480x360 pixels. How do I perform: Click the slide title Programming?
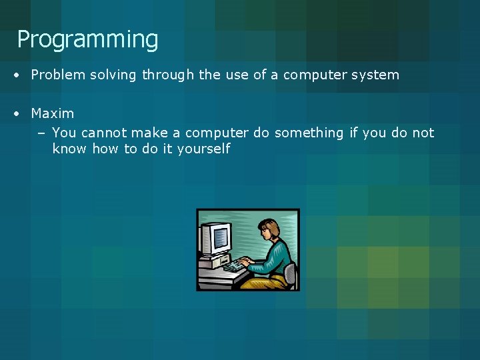click(87, 40)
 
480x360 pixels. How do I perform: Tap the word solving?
click(113, 75)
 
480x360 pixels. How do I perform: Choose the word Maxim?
click(53, 113)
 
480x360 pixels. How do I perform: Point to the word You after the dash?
click(64, 133)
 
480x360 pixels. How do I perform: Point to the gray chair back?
click(290, 273)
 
